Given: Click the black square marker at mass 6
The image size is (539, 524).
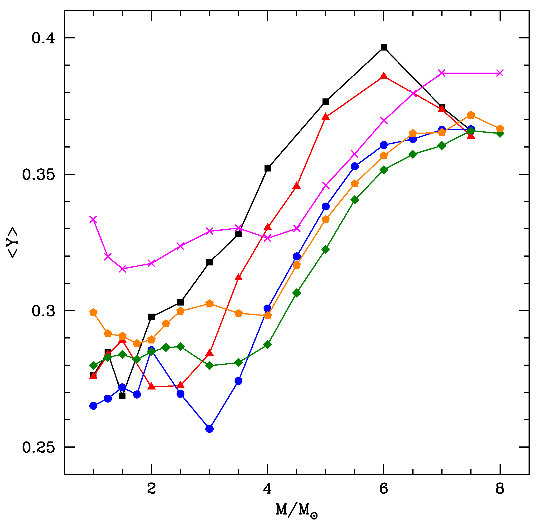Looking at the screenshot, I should click(384, 47).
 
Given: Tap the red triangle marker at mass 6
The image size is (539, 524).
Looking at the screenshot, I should click(384, 76).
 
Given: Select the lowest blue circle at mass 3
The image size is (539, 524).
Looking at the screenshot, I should click(210, 429).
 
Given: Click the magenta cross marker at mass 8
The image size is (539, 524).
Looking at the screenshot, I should click(500, 73).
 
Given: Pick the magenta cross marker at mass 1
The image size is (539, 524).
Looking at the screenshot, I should click(93, 219).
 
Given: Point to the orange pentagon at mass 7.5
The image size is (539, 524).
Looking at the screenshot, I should click(471, 115).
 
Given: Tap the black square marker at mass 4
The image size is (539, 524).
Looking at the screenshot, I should click(267, 168).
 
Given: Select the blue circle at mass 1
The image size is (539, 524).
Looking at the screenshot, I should click(93, 406).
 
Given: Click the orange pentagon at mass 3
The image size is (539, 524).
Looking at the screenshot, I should click(210, 304).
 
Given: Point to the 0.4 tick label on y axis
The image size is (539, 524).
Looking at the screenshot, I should click(43, 38).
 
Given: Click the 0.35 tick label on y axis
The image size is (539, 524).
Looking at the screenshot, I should click(38, 175).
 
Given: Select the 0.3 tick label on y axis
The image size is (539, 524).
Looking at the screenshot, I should click(43, 311).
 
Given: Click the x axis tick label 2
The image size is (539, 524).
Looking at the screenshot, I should click(151, 489).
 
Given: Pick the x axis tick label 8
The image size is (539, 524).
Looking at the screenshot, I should click(500, 489).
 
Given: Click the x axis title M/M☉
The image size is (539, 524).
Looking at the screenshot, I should click(297, 510).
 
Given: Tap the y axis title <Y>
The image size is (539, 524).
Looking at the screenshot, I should click(13, 242).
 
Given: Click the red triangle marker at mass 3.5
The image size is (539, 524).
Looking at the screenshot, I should click(238, 277).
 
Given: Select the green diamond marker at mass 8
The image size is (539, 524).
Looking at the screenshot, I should click(500, 134).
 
